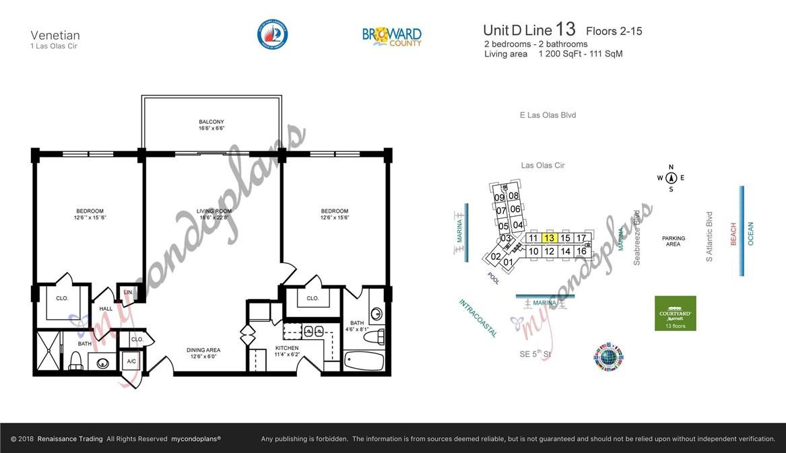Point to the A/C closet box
pyautogui.click(x=131, y=361)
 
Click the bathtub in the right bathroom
pyautogui.click(x=364, y=360)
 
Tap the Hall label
pyautogui.click(x=106, y=309)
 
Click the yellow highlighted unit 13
pyautogui.click(x=549, y=238)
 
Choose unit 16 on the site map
pyautogui.click(x=581, y=251)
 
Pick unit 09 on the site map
pyautogui.click(x=499, y=198)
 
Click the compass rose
pyautogui.click(x=671, y=178)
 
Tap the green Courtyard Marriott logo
pyautogui.click(x=675, y=313)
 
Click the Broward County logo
pyautogui.click(x=392, y=36)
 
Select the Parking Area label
pyautogui.click(x=673, y=241)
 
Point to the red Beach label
pyautogui.click(x=733, y=234)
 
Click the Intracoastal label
pyautogui.click(x=478, y=318)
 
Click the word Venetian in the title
pyautogui.click(x=55, y=35)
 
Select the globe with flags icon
pyautogui.click(x=608, y=357)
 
